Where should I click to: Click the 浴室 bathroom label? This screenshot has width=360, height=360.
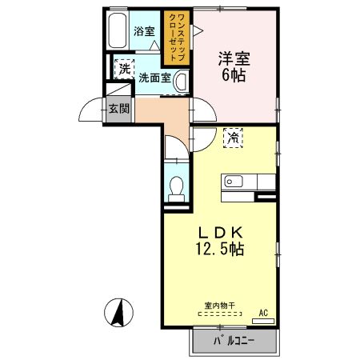click(x=144, y=32)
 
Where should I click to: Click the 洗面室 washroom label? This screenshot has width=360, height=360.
click(x=154, y=78)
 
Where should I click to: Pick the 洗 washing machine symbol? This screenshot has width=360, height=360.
click(x=124, y=70)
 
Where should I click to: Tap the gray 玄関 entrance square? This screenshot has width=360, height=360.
click(x=119, y=110)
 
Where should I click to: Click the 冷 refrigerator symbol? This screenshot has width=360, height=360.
click(x=234, y=138)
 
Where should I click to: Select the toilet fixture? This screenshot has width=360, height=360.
click(x=178, y=186)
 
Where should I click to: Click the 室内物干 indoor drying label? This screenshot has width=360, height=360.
click(x=219, y=305)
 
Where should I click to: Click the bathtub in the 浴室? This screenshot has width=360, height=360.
click(x=118, y=32)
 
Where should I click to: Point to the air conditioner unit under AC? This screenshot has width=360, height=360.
click(x=264, y=321)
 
